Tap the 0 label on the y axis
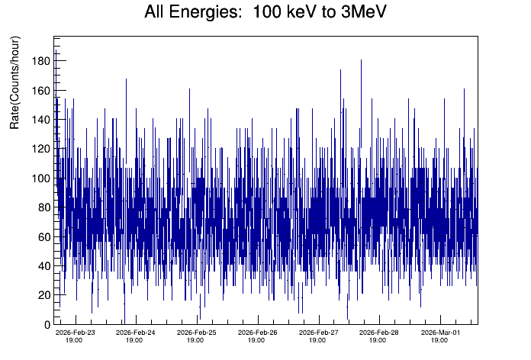coord(45,325)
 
